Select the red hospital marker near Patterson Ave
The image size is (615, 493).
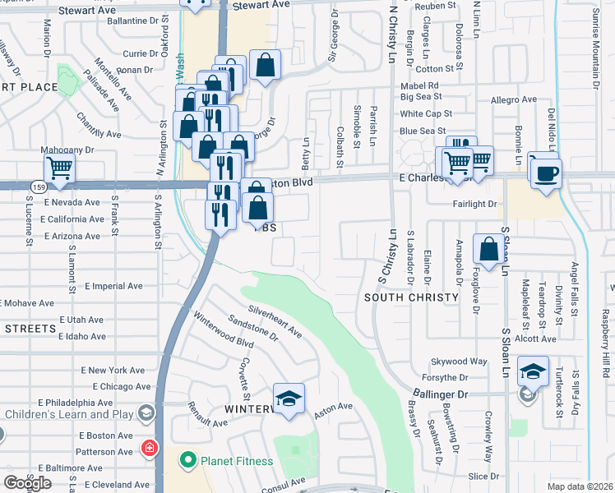[x=149, y=449]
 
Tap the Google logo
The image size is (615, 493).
[x=27, y=482]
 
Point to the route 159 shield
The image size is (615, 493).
[x=39, y=187]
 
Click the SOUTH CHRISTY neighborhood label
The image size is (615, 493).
[x=410, y=297]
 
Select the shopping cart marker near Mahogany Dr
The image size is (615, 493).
[x=60, y=168]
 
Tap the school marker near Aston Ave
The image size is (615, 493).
[x=289, y=400]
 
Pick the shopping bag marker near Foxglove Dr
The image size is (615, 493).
[x=489, y=248]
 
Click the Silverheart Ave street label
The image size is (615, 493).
[x=275, y=323]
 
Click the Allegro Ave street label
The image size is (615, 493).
[x=513, y=100]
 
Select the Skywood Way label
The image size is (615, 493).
[x=459, y=362]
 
